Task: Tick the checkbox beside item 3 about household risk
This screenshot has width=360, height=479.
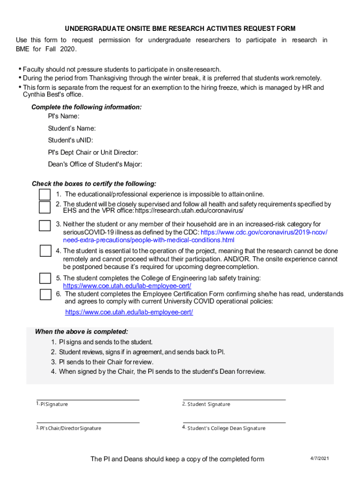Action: (x=45, y=225)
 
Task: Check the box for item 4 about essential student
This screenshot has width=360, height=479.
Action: (x=45, y=251)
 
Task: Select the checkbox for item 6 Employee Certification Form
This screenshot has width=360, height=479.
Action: (x=45, y=294)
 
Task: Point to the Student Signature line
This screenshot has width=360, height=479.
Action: (x=234, y=399)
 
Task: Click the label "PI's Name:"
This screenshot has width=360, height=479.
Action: (x=64, y=116)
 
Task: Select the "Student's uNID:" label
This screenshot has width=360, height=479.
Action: (x=70, y=140)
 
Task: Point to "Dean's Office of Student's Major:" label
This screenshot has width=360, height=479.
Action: (x=95, y=164)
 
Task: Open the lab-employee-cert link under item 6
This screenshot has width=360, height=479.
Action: (x=129, y=312)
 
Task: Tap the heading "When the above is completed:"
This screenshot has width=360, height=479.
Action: (x=81, y=332)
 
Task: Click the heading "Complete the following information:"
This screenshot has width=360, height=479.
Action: (x=86, y=107)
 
